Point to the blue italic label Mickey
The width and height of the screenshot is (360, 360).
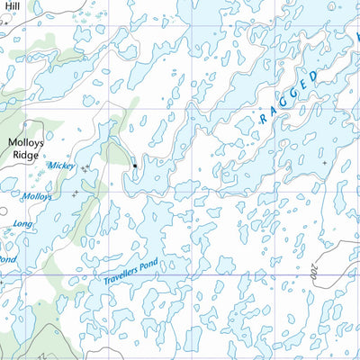pos(61,166)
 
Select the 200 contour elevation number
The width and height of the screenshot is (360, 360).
pos(312,270)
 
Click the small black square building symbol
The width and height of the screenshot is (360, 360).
pos(135,166)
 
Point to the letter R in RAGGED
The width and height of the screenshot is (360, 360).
pos(264,118)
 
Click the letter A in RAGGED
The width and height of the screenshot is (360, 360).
pos(274,110)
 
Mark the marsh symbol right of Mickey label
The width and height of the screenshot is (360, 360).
pos(85,168)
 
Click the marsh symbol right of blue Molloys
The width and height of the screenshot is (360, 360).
pos(75,192)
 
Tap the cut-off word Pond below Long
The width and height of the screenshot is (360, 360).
pos(6,259)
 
